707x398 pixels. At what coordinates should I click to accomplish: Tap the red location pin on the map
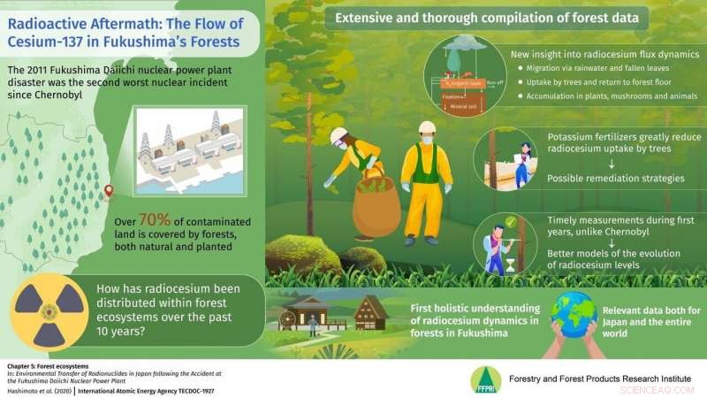[x=109, y=190]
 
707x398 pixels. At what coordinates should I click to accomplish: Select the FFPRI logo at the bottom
[x=484, y=379]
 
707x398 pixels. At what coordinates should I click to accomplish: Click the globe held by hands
[x=575, y=314]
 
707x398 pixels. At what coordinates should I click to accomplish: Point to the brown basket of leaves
[x=376, y=205]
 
